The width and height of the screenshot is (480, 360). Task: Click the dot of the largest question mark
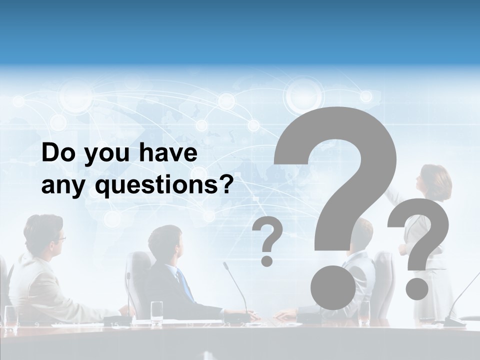coord(332,288)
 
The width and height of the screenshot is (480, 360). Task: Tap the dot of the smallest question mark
coord(267,260)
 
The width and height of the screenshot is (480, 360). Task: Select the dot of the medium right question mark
coord(416,288)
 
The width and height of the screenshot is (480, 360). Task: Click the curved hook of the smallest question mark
coord(268,232)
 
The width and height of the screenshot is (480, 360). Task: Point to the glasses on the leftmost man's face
coord(60,239)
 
